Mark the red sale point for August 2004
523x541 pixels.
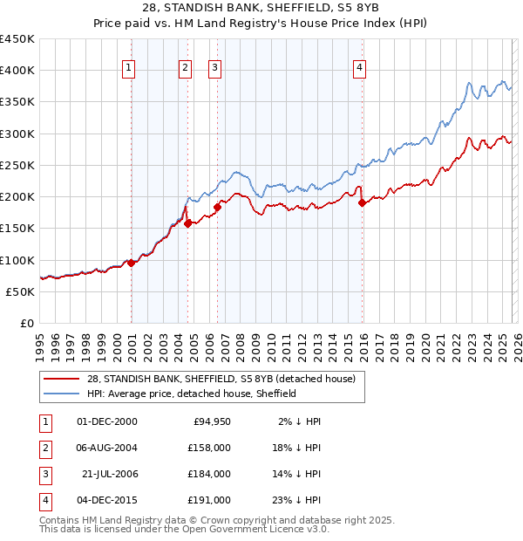tap(187, 223)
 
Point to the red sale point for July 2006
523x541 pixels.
tap(217, 207)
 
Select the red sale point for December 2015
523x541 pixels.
tap(362, 202)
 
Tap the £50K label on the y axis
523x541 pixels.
tap(21, 292)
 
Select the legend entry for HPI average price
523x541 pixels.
tap(192, 394)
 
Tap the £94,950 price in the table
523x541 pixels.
tap(210, 421)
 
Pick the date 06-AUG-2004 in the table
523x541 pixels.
tap(107, 448)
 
